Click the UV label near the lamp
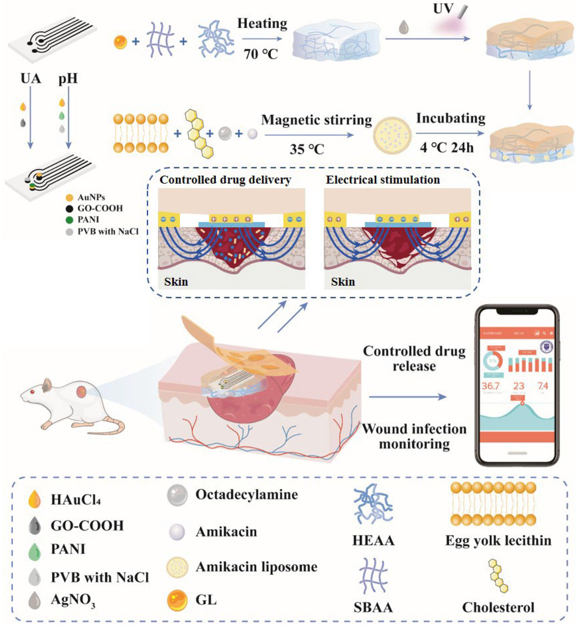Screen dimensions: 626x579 (x=443, y=9)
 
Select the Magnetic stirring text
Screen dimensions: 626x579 (x=316, y=120)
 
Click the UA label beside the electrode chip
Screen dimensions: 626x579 (x=31, y=78)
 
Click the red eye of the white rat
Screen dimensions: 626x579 (x=32, y=392)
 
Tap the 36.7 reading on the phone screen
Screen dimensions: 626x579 (x=490, y=386)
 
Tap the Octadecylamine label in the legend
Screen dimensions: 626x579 (x=247, y=495)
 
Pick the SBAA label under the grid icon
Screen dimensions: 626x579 (x=373, y=607)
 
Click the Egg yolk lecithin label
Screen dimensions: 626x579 (x=498, y=541)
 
